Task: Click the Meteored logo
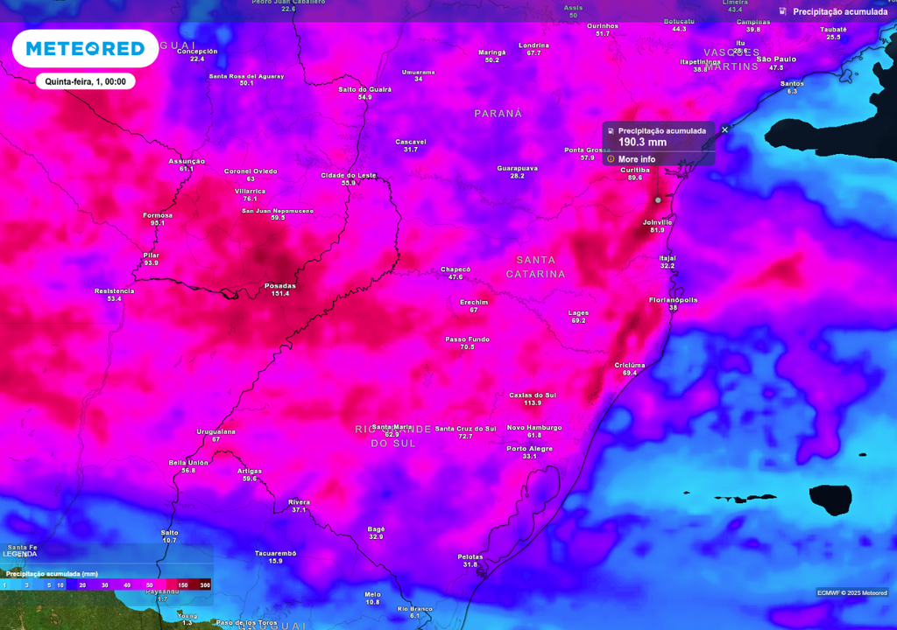(x=85, y=49)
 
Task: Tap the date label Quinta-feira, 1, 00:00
(x=85, y=81)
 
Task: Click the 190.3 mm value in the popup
(x=642, y=143)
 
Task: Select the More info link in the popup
(x=636, y=159)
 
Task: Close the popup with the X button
(x=724, y=129)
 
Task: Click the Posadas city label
(x=280, y=285)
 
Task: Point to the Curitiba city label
(x=634, y=170)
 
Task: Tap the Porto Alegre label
(x=529, y=448)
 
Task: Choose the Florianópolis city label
(x=673, y=300)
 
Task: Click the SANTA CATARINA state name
(x=535, y=267)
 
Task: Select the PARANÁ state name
(x=498, y=114)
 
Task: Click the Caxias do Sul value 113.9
(x=533, y=403)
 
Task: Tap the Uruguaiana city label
(x=215, y=431)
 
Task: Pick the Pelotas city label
(x=470, y=556)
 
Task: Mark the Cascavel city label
(x=410, y=141)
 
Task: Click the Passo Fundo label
(x=467, y=339)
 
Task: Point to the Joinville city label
(x=657, y=222)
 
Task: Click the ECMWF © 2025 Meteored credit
(x=851, y=592)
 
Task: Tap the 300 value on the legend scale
(x=205, y=584)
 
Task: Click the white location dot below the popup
(x=658, y=199)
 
